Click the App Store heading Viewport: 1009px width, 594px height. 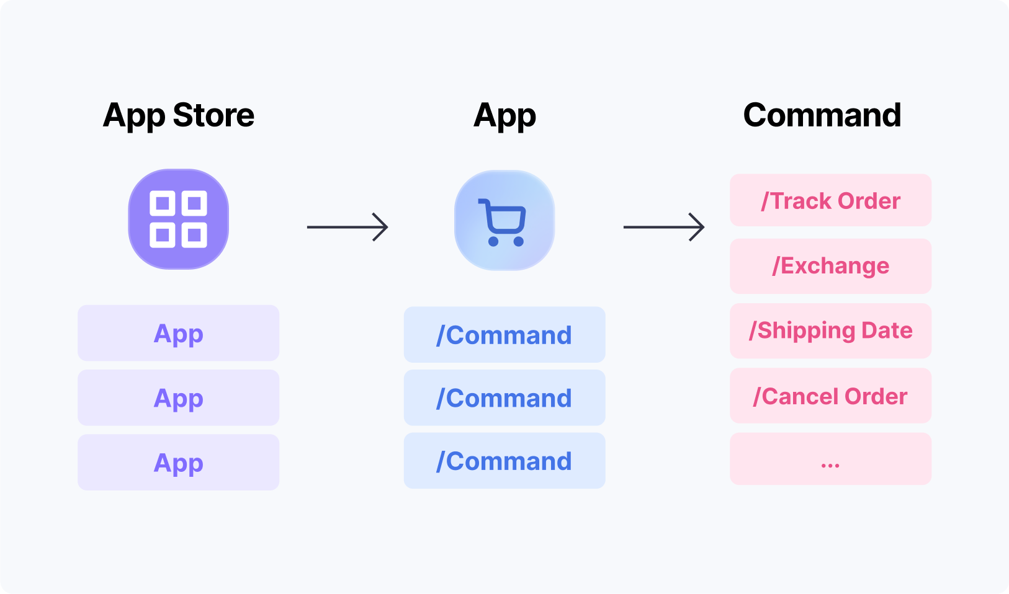178,115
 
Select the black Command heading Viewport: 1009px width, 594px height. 822,115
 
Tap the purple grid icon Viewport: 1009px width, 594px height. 178,219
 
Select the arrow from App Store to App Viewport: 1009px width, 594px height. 348,227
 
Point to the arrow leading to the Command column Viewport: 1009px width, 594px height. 664,227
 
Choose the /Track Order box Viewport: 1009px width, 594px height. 831,200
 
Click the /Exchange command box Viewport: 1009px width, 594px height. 831,266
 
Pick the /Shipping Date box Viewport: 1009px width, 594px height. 831,330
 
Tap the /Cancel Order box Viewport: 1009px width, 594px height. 831,396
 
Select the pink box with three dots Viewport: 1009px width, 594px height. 831,459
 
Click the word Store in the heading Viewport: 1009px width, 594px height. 213,115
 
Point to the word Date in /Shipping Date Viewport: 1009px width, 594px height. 887,330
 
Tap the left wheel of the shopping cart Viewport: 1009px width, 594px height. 493,241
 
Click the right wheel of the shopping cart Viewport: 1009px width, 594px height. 519,241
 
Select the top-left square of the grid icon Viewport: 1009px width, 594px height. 162,203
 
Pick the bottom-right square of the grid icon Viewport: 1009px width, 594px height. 194,235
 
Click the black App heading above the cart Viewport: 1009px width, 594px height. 504,116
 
